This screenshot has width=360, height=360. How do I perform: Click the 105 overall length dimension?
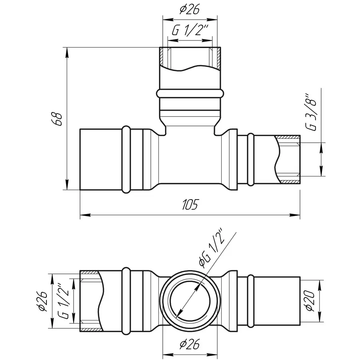click(x=190, y=204)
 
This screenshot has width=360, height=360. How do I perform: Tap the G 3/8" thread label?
click(x=311, y=112)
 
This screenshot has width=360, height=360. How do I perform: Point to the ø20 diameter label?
click(x=310, y=301)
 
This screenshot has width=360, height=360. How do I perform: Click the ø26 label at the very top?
click(x=190, y=10)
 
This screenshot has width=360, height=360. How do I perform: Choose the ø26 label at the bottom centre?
click(x=190, y=344)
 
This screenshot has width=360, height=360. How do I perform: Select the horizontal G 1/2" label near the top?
click(x=190, y=30)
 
